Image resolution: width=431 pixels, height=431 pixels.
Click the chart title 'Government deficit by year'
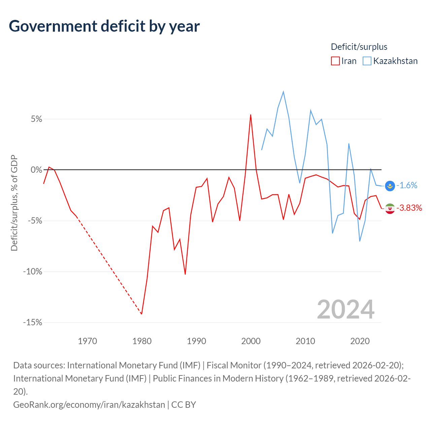pos(104,26)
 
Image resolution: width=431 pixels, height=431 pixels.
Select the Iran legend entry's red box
pos(335,61)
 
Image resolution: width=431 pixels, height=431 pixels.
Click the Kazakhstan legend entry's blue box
pos(367,61)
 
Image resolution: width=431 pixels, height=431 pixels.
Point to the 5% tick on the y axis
pos(36,119)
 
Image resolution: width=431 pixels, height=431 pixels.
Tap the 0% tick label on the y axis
pos(36,170)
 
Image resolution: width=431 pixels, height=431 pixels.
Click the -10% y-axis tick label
pos(33,272)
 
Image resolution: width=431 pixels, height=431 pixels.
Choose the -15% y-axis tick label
pos(33,323)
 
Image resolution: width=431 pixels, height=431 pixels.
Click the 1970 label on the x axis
pos(88,341)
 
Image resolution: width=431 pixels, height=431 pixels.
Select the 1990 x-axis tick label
pos(197,341)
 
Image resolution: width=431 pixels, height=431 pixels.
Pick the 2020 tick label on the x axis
pos(360,341)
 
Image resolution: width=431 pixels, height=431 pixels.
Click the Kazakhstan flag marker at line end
pos(390,186)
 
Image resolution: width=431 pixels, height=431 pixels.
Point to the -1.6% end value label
pos(407,186)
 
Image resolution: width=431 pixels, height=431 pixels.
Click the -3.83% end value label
pos(409,208)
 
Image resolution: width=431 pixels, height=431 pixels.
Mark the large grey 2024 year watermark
pos(346,309)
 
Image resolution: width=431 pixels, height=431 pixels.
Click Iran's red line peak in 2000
pos(251,115)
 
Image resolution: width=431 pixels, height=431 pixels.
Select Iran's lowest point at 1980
pos(142,314)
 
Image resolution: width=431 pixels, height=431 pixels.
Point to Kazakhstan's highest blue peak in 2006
pos(284,92)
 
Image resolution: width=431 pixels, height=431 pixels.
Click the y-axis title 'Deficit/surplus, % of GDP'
pos(14,203)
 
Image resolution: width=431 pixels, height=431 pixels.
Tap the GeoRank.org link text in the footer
pos(89,404)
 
